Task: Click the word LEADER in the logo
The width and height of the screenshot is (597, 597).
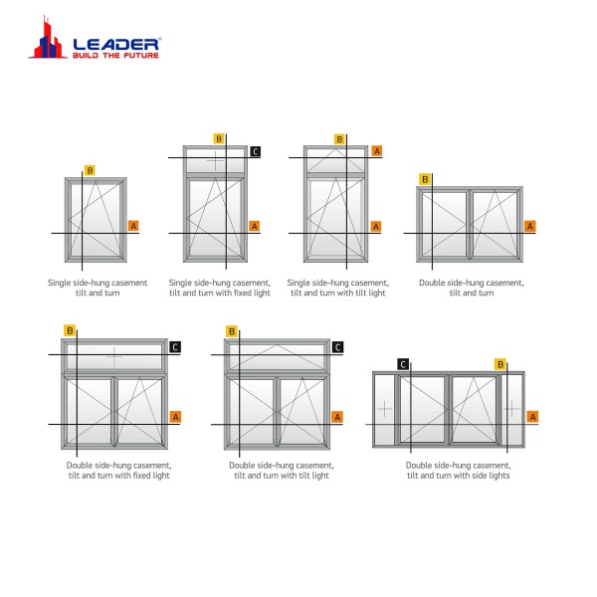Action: [x=115, y=44]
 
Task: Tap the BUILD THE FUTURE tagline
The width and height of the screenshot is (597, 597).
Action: [x=115, y=55]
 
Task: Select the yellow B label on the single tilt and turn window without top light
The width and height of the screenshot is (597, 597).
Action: [x=90, y=170]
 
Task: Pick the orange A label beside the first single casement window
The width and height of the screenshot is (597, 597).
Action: [x=133, y=226]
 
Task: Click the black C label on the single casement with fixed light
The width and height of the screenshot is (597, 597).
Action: [x=256, y=151]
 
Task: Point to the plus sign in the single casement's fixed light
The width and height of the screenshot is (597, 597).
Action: [x=216, y=161]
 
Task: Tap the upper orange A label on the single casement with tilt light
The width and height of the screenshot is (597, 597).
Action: [x=377, y=151]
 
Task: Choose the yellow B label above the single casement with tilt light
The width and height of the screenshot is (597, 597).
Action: [x=339, y=139]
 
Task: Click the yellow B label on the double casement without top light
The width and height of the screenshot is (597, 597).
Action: [x=425, y=179]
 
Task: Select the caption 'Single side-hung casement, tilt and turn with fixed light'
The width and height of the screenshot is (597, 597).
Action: [x=220, y=288]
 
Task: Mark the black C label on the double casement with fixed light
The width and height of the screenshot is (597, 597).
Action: [x=175, y=347]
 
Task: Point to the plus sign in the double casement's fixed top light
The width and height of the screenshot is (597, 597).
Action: [x=114, y=357]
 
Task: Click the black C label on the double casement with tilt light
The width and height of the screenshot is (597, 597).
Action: [x=337, y=347]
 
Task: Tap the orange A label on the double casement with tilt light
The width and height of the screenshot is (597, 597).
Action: [x=337, y=417]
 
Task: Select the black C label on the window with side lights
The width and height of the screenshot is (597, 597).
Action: [x=403, y=364]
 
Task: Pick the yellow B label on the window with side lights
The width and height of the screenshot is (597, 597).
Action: [x=500, y=364]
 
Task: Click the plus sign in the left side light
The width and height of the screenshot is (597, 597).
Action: [x=384, y=409]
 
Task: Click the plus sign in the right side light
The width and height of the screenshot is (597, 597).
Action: [x=511, y=409]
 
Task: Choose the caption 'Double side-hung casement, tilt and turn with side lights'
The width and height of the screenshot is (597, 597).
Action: [x=459, y=471]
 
